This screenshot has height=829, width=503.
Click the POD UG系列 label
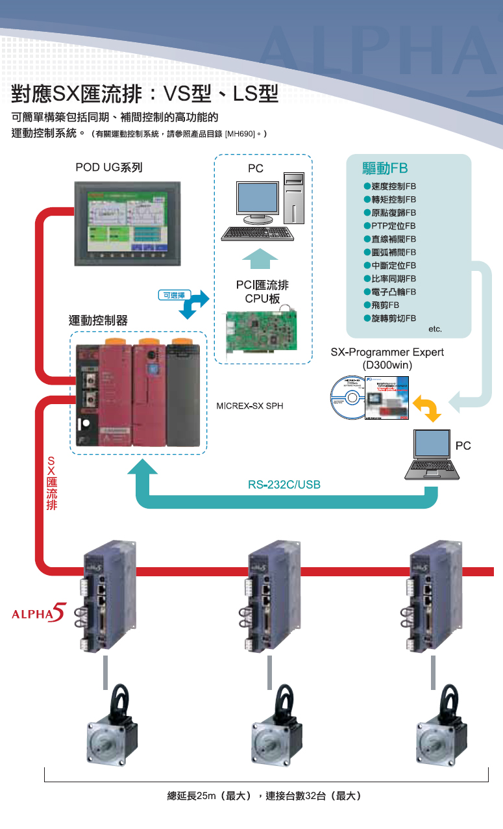(108, 168)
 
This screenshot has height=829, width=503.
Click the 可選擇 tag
(173, 296)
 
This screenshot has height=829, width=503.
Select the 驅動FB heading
(385, 169)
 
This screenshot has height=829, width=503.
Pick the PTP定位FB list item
(389, 225)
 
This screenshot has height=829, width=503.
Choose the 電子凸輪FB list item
(389, 292)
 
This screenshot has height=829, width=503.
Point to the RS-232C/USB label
(284, 485)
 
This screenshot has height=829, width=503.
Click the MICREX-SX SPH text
(249, 407)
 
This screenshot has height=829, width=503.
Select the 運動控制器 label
(98, 320)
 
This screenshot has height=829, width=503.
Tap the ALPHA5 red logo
(40, 613)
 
